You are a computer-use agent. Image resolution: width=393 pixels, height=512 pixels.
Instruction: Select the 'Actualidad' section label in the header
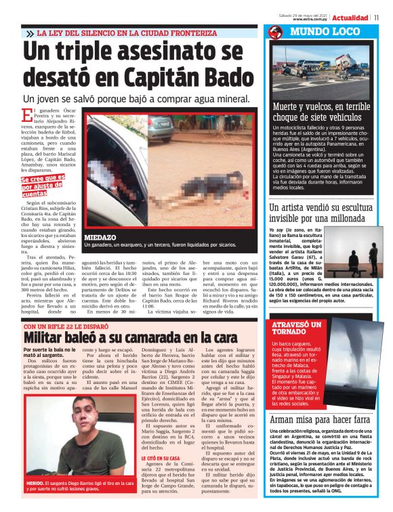(x=350, y=17)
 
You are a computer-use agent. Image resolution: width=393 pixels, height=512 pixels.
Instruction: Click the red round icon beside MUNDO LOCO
(x=275, y=33)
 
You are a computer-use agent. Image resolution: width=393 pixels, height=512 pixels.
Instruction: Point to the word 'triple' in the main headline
(x=108, y=54)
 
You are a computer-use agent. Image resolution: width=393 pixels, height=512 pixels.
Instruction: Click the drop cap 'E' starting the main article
(x=26, y=115)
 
